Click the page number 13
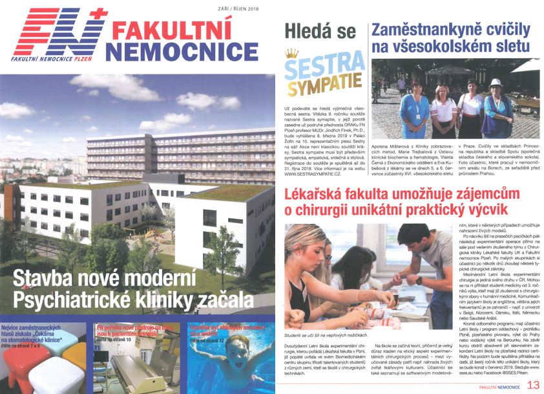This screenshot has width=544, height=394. point(533,384)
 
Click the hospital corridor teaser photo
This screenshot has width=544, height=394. point(138,369)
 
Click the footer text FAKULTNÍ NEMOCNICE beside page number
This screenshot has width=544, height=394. point(496,385)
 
